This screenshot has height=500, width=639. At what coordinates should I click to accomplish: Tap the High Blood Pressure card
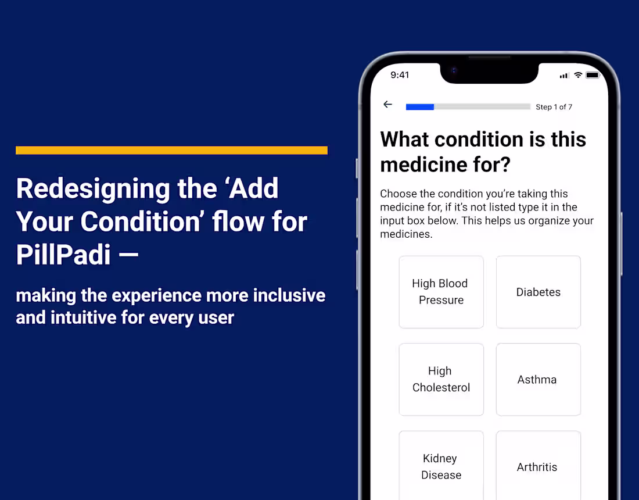(441, 292)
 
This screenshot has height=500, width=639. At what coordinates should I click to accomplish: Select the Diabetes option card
(538, 292)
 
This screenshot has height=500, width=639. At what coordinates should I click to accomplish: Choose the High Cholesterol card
(441, 379)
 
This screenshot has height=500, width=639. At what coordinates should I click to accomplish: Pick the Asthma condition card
(538, 379)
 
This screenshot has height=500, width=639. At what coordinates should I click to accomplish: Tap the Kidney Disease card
(441, 466)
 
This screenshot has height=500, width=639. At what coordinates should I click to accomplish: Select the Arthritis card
(538, 466)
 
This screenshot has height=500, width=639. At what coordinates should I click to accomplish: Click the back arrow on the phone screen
(387, 105)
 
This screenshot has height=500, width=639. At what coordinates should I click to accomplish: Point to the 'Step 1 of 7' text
(554, 107)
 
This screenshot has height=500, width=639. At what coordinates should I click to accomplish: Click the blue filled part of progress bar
(419, 107)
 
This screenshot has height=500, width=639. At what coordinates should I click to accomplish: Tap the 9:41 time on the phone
(400, 75)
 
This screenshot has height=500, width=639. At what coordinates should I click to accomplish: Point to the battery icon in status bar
(593, 75)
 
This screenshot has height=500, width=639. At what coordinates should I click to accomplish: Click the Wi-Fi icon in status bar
(578, 75)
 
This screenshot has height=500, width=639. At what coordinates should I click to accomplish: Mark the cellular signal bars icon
(564, 76)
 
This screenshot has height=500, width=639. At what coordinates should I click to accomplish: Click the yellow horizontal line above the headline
(171, 150)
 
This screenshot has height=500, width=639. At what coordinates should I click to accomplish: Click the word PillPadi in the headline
(63, 255)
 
